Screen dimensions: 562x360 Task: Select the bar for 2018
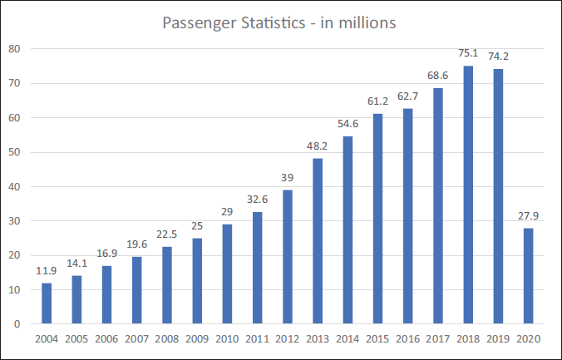[468, 195]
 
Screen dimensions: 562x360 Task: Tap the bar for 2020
[528, 276]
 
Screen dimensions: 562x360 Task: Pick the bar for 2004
[47, 303]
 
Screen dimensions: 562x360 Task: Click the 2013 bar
[318, 241]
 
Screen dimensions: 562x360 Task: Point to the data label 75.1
[468, 53]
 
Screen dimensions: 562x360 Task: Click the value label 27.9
[528, 216]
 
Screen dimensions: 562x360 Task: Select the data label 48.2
[318, 146]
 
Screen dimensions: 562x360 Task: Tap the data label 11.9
[47, 271]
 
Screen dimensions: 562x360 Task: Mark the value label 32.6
[258, 199]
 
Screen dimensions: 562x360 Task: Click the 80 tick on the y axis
[14, 49]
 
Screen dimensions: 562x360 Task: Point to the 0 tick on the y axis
[17, 323]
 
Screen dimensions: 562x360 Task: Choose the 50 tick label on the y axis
[14, 152]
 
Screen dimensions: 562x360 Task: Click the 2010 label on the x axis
[227, 339]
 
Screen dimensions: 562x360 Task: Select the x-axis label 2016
[408, 339]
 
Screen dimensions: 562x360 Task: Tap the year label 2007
[137, 339]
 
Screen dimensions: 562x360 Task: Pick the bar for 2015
[377, 219]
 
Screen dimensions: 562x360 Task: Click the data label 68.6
[437, 76]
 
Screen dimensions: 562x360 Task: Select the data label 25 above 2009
[197, 226]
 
